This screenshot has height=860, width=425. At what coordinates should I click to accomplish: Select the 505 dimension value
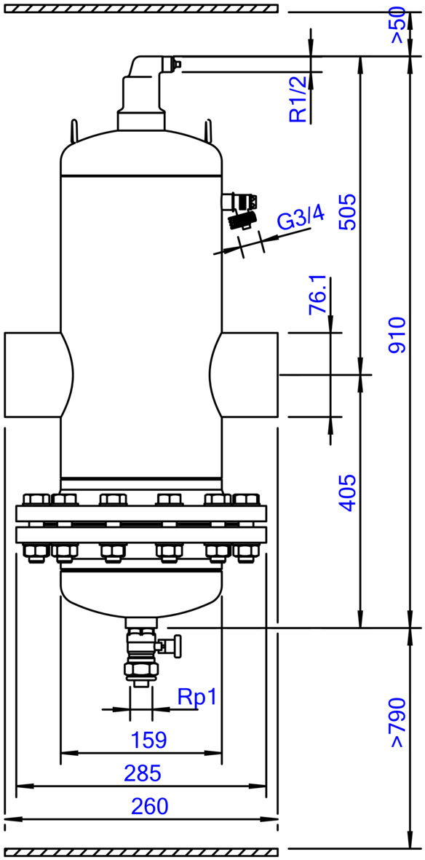347,212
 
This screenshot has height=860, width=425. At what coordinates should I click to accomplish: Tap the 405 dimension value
347,494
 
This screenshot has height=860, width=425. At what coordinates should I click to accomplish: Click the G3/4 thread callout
301,219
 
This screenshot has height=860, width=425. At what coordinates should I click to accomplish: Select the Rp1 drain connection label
197,697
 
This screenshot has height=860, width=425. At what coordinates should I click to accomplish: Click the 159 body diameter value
148,741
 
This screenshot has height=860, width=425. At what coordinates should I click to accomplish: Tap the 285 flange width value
143,773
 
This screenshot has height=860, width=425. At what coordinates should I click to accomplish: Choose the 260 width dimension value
149,806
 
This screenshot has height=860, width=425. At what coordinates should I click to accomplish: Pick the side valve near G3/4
239,210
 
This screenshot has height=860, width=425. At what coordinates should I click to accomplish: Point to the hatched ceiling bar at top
141,8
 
